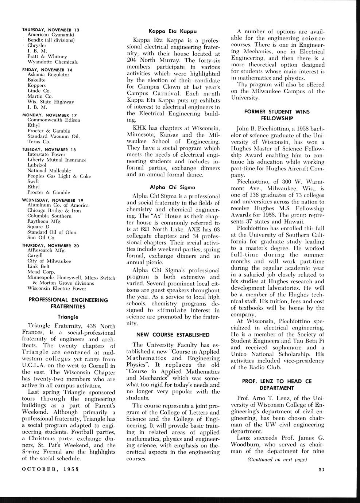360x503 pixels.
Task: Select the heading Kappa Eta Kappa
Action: point(173,31)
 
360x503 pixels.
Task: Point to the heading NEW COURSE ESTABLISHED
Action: point(173,335)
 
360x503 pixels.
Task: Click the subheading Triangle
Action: point(68,317)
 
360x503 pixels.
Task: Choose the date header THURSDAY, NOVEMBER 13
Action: point(51,30)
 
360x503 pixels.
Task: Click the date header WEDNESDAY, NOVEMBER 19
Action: point(53,200)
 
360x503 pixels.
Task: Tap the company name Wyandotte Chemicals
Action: point(53,62)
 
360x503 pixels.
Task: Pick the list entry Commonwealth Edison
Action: point(54,120)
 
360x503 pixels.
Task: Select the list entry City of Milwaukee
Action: point(49,261)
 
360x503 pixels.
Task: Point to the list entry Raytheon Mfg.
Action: point(44,221)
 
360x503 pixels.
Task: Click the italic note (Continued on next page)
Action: point(277,460)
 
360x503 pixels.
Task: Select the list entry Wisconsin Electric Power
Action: point(57,288)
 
